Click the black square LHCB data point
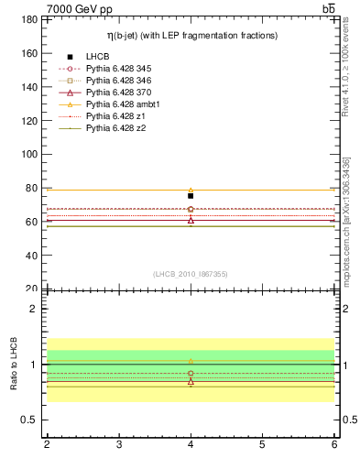(x=191, y=196)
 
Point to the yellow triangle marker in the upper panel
(x=191, y=190)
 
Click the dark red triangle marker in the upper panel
(x=191, y=220)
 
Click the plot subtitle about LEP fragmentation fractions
(x=191, y=35)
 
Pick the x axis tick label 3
(x=119, y=445)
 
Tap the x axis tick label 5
(x=263, y=445)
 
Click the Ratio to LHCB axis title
(x=13, y=365)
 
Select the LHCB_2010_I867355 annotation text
(x=191, y=274)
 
